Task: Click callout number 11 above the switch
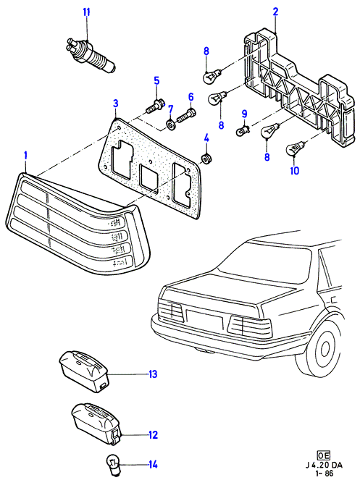[x=87, y=12]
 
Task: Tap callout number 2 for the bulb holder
[x=275, y=12]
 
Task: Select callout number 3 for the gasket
[x=115, y=104]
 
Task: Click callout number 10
[x=294, y=171]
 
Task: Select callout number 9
[x=244, y=114]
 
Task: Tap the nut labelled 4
[x=207, y=159]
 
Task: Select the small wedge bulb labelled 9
[x=243, y=131]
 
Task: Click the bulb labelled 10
[x=296, y=148]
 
